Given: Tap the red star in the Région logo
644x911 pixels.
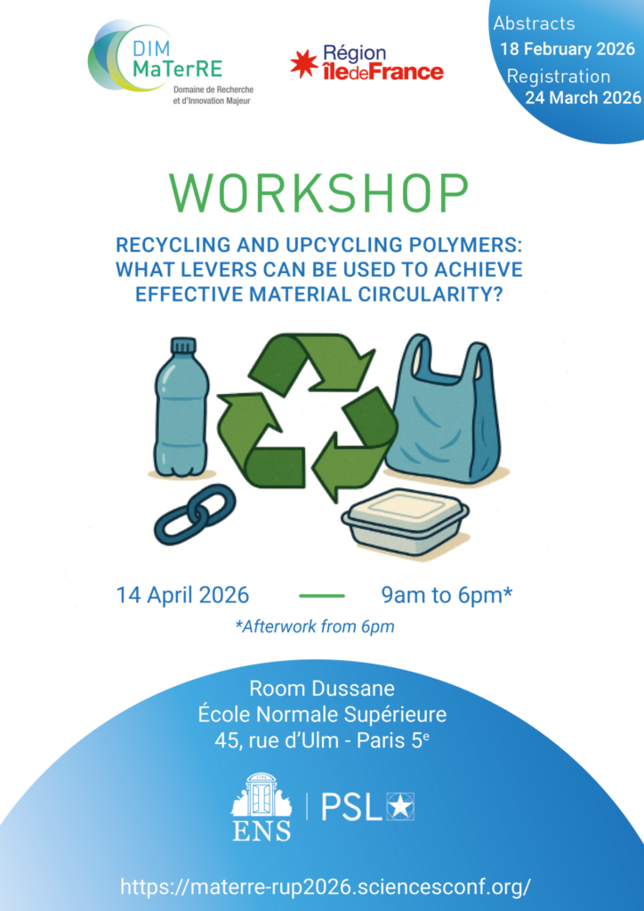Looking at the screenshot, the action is pyautogui.click(x=303, y=64).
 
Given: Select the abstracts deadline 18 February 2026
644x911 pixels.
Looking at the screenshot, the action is pyautogui.click(x=568, y=49).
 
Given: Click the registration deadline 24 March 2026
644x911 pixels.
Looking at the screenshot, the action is pyautogui.click(x=583, y=97).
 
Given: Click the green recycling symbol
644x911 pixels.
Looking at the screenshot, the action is pyautogui.click(x=307, y=414).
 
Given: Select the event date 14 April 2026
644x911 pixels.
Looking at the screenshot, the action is pyautogui.click(x=183, y=595).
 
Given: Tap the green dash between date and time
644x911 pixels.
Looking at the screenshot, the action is pyautogui.click(x=322, y=595).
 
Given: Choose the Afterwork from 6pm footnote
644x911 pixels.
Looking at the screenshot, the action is pyautogui.click(x=315, y=627).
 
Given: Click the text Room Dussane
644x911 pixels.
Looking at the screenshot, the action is pyautogui.click(x=322, y=689).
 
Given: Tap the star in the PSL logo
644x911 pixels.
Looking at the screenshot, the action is pyautogui.click(x=400, y=807).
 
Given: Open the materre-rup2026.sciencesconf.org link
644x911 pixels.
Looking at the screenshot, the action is pyautogui.click(x=326, y=887).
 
